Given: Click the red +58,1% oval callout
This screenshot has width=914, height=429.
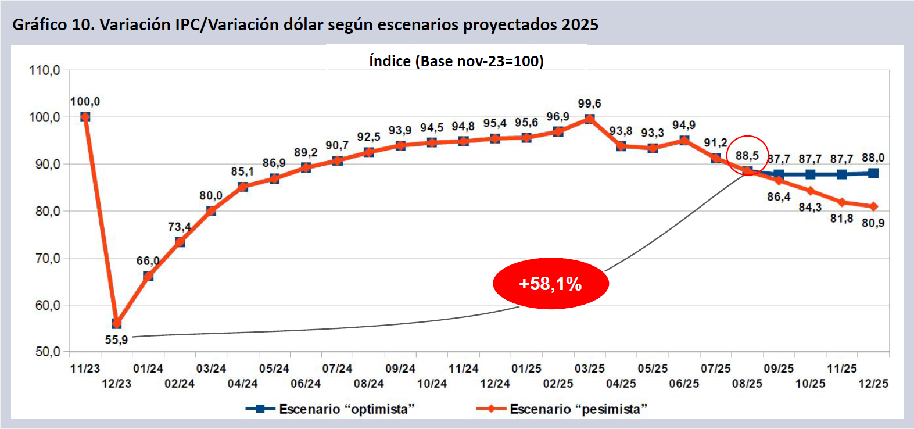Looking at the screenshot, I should [550, 284].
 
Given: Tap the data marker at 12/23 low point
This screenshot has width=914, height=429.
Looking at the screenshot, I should [117, 323].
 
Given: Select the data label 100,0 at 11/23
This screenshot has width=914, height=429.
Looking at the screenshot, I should [85, 102].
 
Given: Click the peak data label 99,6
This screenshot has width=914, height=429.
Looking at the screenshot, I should [589, 103].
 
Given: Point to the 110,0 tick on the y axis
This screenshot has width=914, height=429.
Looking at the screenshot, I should [45, 70].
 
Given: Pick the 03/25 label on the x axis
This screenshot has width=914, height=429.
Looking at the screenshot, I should [589, 369].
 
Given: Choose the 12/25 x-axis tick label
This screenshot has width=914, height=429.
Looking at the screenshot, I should [873, 384].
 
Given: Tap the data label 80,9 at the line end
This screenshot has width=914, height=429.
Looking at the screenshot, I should [873, 223].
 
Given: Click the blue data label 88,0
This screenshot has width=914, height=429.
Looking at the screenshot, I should [873, 158].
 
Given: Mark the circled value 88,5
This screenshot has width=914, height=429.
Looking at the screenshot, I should [747, 156].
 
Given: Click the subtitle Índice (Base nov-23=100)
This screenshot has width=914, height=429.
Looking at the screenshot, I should [456, 61].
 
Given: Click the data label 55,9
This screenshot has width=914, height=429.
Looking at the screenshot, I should [116, 339].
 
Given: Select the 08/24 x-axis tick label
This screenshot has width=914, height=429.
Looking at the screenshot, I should [369, 384].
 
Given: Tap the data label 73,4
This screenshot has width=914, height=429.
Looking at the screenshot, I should [180, 227].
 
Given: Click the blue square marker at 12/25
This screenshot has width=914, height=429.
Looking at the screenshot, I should [873, 173].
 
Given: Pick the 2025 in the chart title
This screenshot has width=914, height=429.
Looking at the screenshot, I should [580, 24].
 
